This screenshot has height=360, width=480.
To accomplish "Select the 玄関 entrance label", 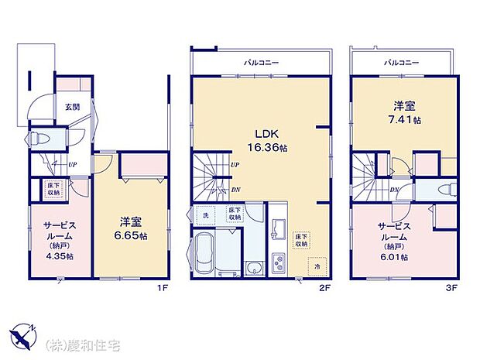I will coord(72,107).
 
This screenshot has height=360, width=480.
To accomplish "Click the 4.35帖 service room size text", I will coord(58,256).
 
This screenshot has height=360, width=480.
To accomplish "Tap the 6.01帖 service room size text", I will coord(393,256).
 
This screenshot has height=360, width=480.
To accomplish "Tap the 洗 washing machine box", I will coord(205,214).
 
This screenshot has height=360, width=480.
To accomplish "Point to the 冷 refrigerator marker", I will coord(317,266).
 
